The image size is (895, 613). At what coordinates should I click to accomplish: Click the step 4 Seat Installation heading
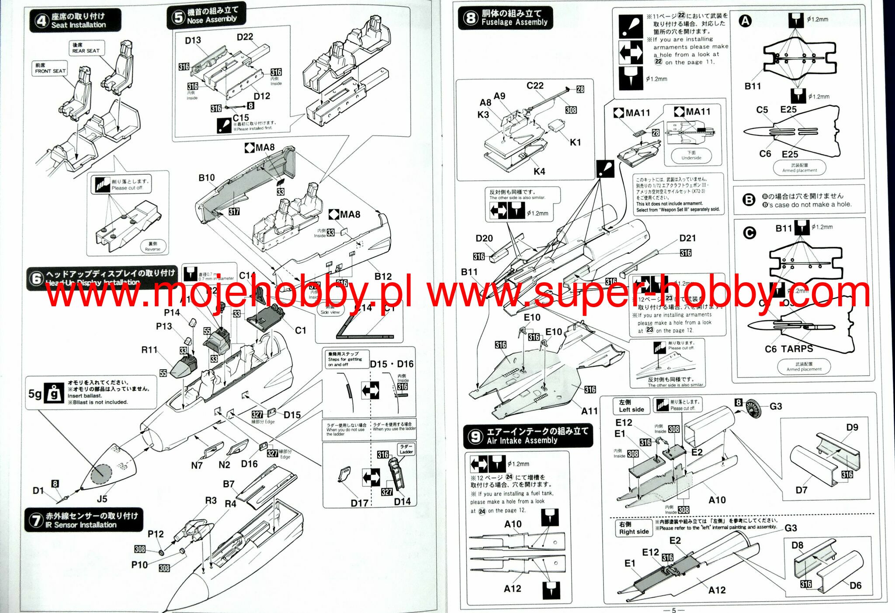pyautogui.click(x=75, y=21)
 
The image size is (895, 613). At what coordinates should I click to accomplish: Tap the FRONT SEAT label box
pyautogui.click(x=50, y=68)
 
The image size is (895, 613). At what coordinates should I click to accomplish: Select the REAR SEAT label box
pyautogui.click(x=86, y=48)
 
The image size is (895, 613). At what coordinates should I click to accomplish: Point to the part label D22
pyautogui.click(x=245, y=37)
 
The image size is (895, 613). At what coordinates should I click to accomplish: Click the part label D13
pyautogui.click(x=193, y=41)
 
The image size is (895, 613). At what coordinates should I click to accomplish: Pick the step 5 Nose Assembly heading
pyautogui.click(x=206, y=16)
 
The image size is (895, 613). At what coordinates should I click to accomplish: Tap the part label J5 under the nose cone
pyautogui.click(x=102, y=499)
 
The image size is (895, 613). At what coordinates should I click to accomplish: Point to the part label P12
pyautogui.click(x=156, y=533)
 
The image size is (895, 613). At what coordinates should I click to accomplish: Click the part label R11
pyautogui.click(x=149, y=350)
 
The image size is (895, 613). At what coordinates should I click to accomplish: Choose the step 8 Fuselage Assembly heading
pyautogui.click(x=505, y=18)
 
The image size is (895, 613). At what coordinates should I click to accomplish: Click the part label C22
pyautogui.click(x=535, y=86)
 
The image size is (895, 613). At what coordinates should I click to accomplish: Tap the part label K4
pyautogui.click(x=539, y=171)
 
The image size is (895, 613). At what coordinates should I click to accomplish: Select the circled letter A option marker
pyautogui.click(x=746, y=21)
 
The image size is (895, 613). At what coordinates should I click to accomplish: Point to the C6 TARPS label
pyautogui.click(x=789, y=349)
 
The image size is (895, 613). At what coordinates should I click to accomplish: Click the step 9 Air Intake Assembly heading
pyautogui.click(x=528, y=436)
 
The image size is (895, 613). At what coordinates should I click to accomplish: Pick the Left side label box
pyautogui.click(x=631, y=406)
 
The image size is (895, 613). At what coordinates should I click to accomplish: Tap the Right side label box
pyautogui.click(x=633, y=528)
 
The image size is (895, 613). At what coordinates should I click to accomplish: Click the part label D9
pyautogui.click(x=852, y=427)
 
